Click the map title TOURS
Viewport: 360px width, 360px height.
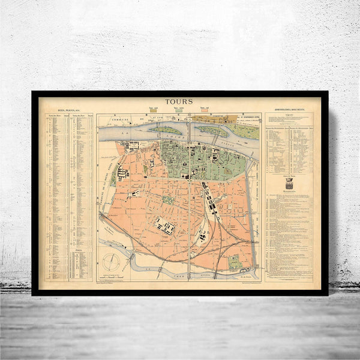[x=180, y=101]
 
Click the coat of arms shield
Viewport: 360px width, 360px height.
[x=288, y=186]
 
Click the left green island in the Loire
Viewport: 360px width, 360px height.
[x=166, y=130]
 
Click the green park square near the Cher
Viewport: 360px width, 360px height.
[x=235, y=261]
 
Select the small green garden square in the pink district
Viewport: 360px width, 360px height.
[x=169, y=200]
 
